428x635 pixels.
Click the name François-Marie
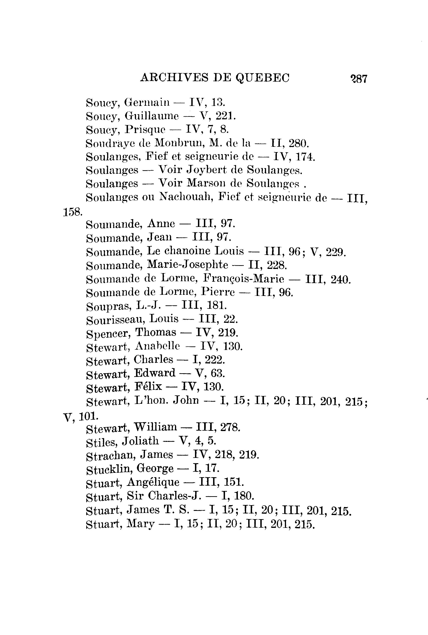coord(244,279)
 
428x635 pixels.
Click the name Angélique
coord(153,482)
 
